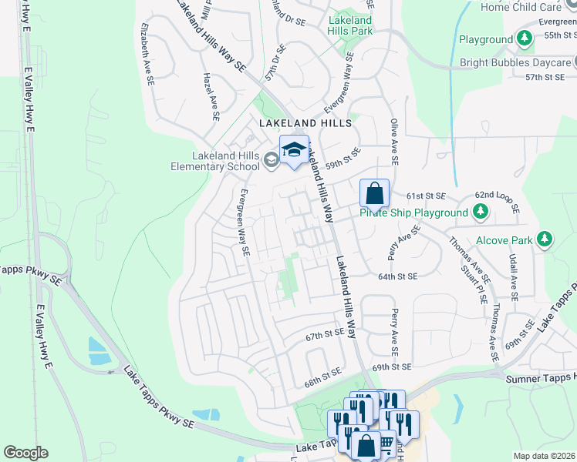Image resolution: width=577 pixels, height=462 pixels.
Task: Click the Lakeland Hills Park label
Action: tap(350, 25)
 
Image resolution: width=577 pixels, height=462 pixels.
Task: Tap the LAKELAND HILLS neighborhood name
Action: tap(305, 123)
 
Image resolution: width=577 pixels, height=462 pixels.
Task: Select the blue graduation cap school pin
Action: tap(294, 151)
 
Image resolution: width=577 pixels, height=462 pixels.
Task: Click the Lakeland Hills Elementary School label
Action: tap(214, 159)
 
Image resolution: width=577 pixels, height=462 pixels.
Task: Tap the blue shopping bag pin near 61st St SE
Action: tap(374, 195)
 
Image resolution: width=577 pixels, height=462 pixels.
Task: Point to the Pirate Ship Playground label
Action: tap(413, 213)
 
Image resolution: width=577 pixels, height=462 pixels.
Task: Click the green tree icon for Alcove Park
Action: tap(545, 239)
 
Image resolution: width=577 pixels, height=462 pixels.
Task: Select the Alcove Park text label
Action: tap(504, 240)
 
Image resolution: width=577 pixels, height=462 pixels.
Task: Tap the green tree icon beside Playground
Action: tap(525, 38)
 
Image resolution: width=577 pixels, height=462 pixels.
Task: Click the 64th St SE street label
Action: tap(397, 276)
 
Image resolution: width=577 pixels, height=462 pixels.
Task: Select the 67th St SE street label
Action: tap(324, 336)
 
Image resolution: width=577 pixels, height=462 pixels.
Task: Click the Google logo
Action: tap(26, 453)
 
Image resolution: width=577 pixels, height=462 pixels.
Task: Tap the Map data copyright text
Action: tap(544, 456)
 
